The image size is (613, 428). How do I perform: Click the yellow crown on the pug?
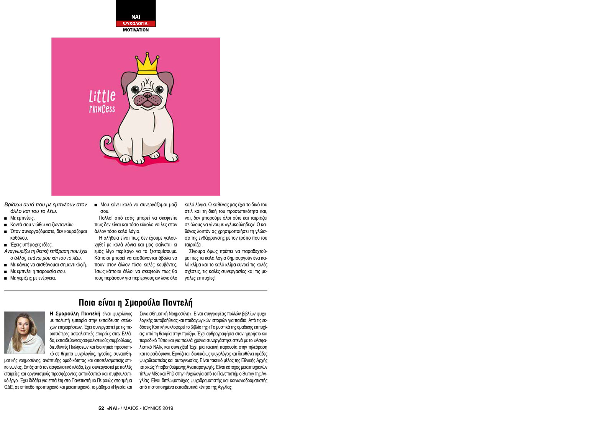point(147,64)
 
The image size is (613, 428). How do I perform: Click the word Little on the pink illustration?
point(102,96)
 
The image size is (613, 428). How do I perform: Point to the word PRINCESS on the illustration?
point(102,109)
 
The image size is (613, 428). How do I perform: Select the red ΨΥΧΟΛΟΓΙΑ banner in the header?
point(136,23)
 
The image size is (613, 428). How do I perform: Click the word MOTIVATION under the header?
point(136,30)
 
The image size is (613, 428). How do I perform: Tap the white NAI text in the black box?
point(136,17)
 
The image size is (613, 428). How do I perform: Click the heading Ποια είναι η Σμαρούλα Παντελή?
point(136,303)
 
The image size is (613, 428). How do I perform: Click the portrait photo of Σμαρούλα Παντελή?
point(25,332)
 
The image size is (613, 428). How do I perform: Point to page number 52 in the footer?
point(101,408)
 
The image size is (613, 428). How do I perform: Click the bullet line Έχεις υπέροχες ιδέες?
point(31,245)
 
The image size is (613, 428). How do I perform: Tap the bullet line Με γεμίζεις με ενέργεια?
point(33,278)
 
